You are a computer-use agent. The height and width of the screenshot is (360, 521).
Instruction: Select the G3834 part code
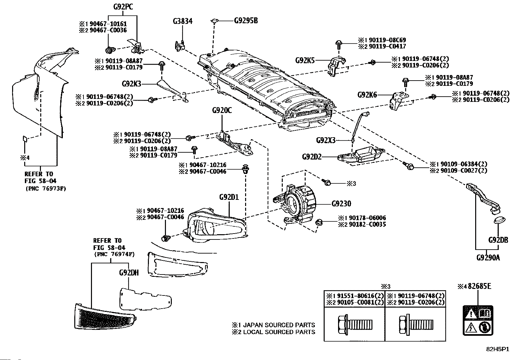[183, 21]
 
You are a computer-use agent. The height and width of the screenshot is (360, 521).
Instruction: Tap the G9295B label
[246, 21]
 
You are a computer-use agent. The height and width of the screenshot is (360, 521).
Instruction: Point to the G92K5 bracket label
[305, 60]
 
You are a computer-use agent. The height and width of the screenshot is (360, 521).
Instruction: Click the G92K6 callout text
[367, 95]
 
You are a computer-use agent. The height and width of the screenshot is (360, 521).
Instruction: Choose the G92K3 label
[132, 84]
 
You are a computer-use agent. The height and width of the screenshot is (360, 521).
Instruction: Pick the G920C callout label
[222, 110]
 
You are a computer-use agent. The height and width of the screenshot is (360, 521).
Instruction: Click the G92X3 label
[326, 140]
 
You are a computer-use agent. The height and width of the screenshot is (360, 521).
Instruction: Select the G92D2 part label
[312, 157]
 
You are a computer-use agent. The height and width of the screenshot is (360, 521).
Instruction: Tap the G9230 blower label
[341, 204]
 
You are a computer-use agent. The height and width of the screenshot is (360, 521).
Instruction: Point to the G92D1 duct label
[229, 198]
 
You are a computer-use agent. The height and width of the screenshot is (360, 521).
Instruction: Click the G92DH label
[129, 273]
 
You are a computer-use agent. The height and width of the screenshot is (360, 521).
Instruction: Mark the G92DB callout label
[498, 240]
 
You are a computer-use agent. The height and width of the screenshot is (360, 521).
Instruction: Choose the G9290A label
[488, 257]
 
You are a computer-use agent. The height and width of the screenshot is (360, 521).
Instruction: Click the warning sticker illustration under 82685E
[478, 320]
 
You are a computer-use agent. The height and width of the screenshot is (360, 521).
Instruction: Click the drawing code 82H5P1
[497, 349]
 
